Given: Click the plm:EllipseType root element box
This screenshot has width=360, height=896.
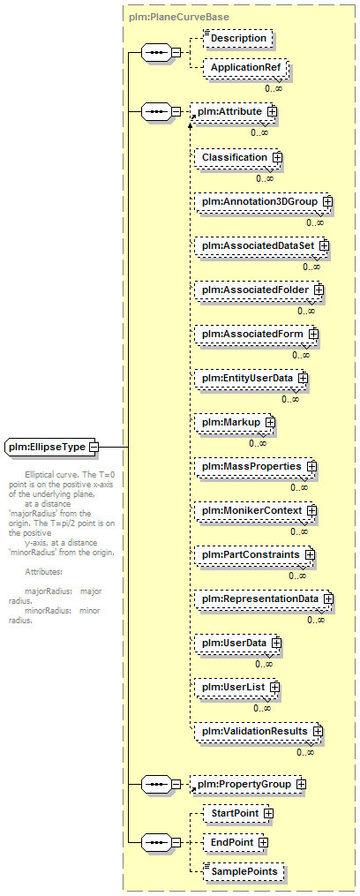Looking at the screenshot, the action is point(51,447).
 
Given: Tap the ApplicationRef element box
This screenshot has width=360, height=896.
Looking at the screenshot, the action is point(245,68).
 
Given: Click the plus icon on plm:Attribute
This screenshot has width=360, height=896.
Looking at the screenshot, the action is point(272,112).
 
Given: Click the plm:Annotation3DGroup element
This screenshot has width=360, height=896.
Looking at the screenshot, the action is point(263,202).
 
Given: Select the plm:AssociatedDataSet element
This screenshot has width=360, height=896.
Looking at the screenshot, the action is point(261,245).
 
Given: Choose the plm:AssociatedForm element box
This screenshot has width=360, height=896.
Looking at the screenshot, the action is point(255,335).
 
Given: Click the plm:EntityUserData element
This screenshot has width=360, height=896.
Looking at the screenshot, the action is point(251,379).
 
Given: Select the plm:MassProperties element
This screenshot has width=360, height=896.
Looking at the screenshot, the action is point(254,467).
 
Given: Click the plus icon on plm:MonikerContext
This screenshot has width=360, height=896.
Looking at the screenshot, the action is point(312,510).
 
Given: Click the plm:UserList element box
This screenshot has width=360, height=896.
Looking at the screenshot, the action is point(236,688).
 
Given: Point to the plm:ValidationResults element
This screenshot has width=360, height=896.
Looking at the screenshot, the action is point(258,732).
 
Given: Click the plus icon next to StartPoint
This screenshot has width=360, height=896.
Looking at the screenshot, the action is point(268,813).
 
